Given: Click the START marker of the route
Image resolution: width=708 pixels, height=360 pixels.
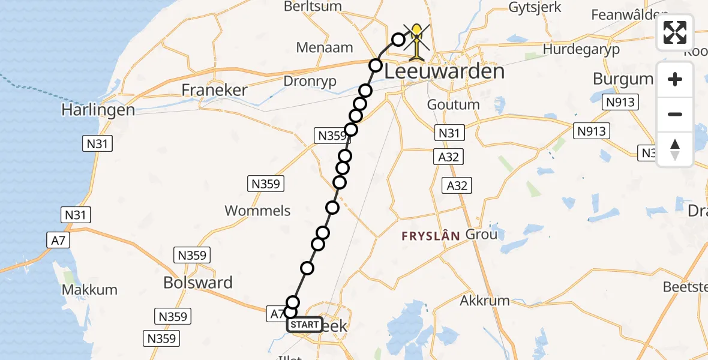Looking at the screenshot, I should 304,325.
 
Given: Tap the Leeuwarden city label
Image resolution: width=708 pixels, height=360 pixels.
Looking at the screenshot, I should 444,73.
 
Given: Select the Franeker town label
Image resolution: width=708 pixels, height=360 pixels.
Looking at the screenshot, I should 215,91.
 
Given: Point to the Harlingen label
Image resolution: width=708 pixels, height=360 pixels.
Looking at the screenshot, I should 98,110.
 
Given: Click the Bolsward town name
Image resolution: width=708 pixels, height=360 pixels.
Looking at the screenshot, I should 198,283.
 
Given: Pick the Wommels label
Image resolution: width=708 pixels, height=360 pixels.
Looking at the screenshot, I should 257,211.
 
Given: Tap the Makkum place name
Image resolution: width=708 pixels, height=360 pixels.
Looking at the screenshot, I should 91,290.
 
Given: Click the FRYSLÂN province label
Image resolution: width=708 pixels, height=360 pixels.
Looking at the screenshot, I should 431,236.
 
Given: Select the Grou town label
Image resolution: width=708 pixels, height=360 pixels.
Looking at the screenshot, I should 481,234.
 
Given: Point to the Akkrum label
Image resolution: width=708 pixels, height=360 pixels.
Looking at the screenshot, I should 484,300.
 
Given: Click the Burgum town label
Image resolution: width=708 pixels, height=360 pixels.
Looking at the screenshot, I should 623,79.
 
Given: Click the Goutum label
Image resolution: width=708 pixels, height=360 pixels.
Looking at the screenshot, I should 453,104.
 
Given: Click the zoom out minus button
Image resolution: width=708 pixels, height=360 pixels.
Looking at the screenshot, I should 675,114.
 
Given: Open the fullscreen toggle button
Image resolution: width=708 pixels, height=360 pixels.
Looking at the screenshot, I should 675,32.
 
